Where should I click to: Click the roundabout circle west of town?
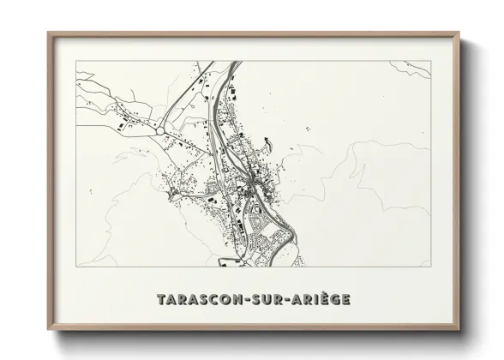click(x=160, y=130)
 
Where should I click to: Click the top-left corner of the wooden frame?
click(x=48, y=33)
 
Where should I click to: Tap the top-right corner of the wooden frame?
click(x=458, y=33)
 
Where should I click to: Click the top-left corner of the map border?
click(x=76, y=61)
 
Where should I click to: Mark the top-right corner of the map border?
click(x=429, y=61)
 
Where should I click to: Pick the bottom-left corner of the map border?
click(x=76, y=267)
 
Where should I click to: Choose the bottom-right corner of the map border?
click(x=429, y=267)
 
